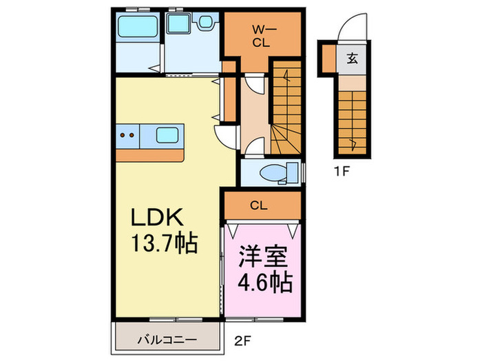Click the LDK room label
(158, 218)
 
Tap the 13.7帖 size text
(165, 243)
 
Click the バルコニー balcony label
(167, 340)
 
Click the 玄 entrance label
(352, 58)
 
